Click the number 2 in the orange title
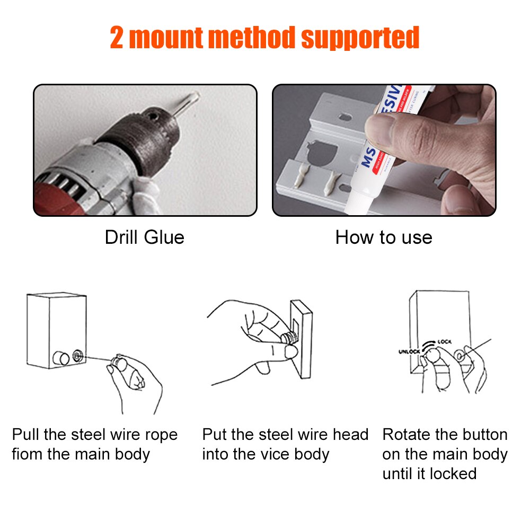(x=118, y=38)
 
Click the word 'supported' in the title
(x=360, y=39)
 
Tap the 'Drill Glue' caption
(x=144, y=237)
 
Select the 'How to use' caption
(x=384, y=237)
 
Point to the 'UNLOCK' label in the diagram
(x=409, y=351)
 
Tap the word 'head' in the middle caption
(x=350, y=435)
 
